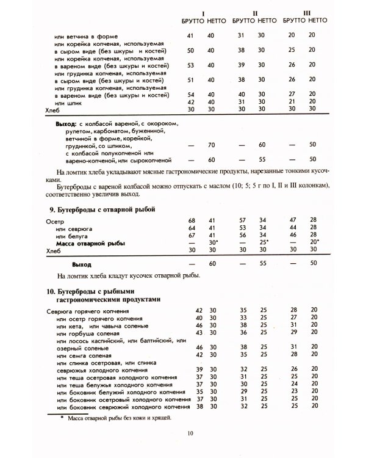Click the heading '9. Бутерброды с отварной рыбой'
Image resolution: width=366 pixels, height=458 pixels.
click(101, 209)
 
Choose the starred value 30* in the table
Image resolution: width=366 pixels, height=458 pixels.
click(212, 243)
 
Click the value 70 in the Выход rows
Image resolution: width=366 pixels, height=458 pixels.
click(210, 145)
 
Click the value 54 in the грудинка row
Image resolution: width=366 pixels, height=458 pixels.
click(191, 95)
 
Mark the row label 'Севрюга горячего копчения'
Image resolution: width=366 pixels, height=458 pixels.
click(83, 311)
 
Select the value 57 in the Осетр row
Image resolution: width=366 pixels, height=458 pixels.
click(241, 220)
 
